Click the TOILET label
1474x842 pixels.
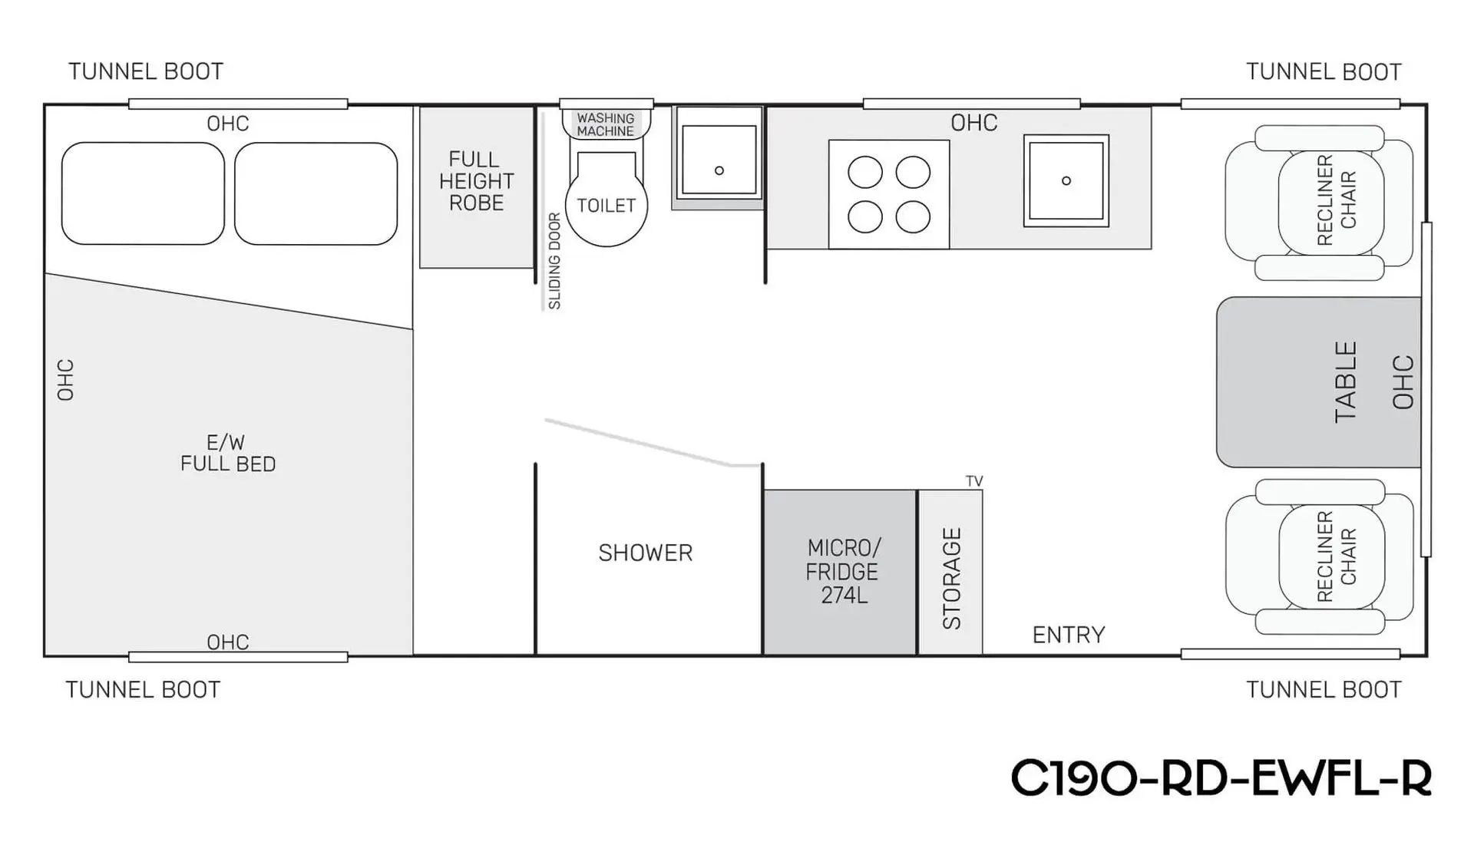pos(606,206)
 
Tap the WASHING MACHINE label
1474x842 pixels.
pos(606,124)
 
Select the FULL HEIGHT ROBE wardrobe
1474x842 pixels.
pos(477,187)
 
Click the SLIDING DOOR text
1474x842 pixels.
pos(554,261)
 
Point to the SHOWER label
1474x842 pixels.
pos(645,553)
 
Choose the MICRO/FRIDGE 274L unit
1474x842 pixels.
pos(840,573)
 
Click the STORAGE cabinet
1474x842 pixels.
pos(950,573)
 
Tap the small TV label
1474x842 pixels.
pos(974,481)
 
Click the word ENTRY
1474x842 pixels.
pos(1069,635)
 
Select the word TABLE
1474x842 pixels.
pos(1346,382)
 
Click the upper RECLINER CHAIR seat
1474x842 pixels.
pos(1320,203)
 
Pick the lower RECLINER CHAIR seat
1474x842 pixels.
pos(1320,557)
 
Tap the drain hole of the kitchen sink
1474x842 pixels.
pos(1066,181)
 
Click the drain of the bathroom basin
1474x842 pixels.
pos(719,170)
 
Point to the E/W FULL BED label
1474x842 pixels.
pos(228,453)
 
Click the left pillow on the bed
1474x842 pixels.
pos(143,193)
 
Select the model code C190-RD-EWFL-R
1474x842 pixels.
pos(1221,778)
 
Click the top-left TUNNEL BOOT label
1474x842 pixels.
pos(146,71)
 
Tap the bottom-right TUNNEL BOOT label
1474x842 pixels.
pos(1324,690)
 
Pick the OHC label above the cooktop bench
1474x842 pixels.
pos(974,123)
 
